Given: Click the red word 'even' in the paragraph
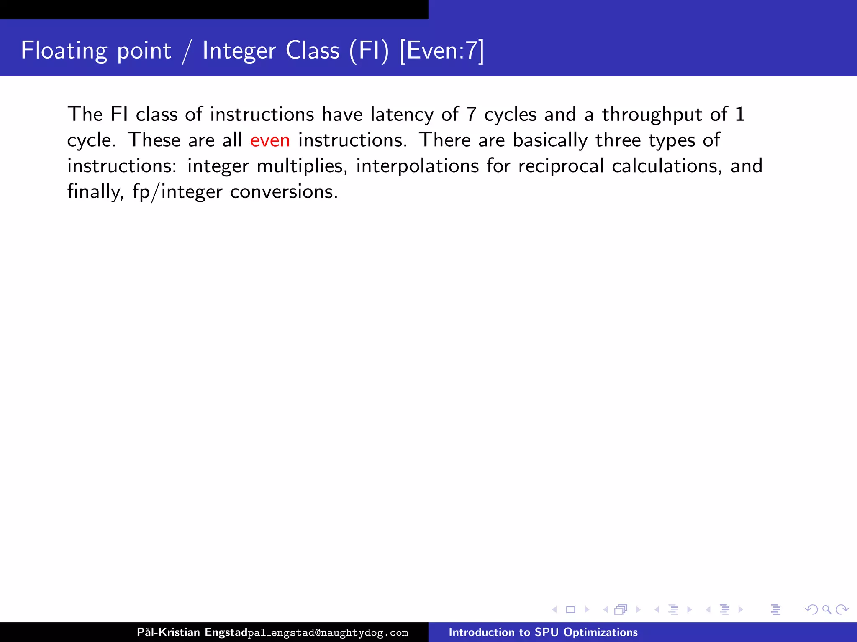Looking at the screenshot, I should [270, 140].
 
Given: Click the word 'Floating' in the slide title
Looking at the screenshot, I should [64, 51].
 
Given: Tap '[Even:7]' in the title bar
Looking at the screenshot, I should [441, 51].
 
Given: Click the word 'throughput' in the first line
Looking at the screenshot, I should [652, 115].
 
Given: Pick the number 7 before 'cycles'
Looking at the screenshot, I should [471, 115].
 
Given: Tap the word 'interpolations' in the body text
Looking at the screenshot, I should [417, 166].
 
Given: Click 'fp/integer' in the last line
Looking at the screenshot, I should [177, 192].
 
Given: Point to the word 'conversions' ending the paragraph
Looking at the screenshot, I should [283, 192].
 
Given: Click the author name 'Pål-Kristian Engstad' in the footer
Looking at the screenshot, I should [192, 632].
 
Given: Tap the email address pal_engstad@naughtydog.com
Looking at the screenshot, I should [328, 633].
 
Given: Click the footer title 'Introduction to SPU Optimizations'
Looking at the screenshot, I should [543, 632].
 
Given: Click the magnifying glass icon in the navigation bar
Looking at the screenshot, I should [826, 610].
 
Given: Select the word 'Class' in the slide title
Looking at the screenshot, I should [312, 51].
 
